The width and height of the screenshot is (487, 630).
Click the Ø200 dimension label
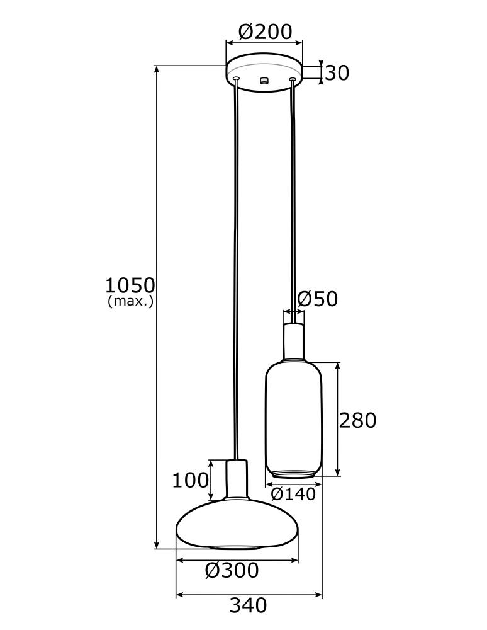[266, 31]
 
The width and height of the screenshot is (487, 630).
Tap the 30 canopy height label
[337, 73]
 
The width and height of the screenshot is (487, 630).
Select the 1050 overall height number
[130, 285]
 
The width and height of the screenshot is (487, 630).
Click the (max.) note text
[131, 301]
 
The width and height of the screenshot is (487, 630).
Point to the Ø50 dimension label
[317, 299]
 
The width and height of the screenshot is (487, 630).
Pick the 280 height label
[357, 420]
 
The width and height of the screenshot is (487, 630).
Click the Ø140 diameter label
[293, 495]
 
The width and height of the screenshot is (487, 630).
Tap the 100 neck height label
[191, 481]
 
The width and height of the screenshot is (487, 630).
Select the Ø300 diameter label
[232, 571]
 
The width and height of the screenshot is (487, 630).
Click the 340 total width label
[247, 606]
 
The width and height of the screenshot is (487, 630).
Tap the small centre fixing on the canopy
[264, 81]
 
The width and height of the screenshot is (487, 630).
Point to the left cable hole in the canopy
[237, 79]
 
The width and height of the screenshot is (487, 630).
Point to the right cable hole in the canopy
[293, 79]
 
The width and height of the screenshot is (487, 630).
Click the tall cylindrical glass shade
[294, 416]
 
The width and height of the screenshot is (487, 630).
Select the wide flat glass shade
[237, 523]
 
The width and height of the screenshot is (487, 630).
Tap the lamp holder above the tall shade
[294, 342]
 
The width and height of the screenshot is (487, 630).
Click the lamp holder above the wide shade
[237, 479]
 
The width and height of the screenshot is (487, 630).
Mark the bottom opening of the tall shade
[294, 473]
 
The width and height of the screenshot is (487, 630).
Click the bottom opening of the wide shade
[237, 546]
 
